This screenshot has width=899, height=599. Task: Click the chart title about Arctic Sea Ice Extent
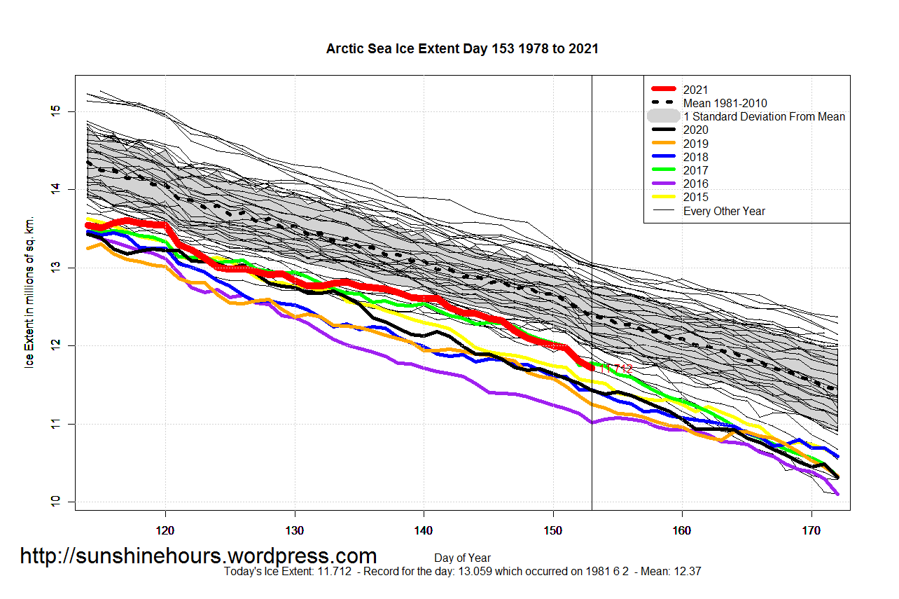click(462, 49)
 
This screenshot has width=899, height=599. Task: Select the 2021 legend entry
click(696, 90)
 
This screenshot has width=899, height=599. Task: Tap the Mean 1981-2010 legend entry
click(725, 103)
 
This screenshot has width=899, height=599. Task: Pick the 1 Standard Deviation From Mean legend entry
click(764, 116)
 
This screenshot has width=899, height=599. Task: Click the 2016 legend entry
click(696, 184)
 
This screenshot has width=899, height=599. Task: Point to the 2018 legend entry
click(696, 157)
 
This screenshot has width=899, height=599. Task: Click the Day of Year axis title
click(462, 558)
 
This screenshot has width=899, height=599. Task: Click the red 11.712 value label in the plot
click(615, 369)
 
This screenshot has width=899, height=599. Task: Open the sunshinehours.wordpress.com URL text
click(198, 556)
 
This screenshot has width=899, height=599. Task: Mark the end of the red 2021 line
click(592, 367)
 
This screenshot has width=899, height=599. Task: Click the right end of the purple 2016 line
click(837, 494)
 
